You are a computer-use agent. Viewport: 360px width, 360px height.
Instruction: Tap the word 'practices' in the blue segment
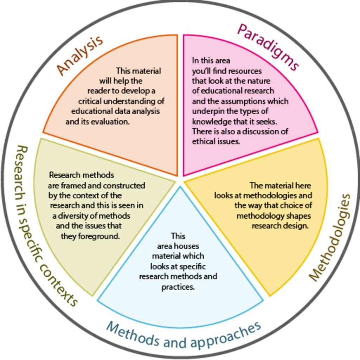(x=178, y=287)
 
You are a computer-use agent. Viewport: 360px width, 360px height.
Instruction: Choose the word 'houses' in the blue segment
(x=188, y=246)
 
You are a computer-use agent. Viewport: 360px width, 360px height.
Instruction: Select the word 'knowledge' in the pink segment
(x=208, y=121)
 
